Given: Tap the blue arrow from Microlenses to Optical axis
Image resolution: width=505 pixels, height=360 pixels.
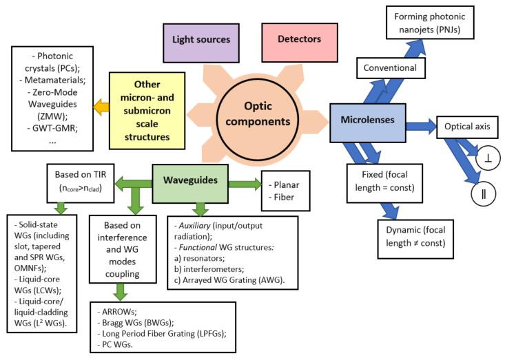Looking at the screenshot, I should coord(420,127).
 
